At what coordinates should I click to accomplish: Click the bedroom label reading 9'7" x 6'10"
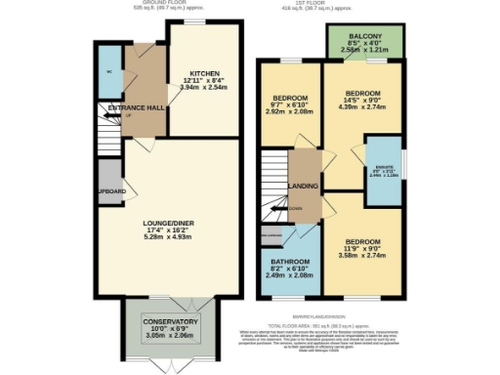tap(290, 99)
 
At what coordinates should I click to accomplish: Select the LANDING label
tap(298, 185)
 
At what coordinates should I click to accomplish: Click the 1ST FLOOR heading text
tap(349, 4)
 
